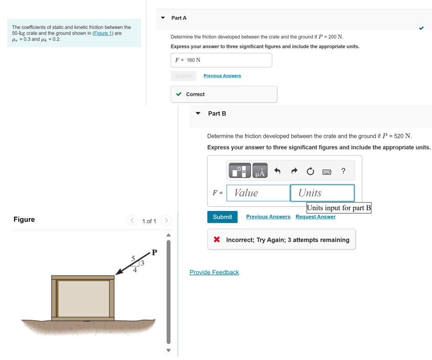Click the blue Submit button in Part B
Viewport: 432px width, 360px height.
222,217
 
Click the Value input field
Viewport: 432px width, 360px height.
258,193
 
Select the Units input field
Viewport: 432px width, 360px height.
322,193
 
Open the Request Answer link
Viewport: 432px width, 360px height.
315,217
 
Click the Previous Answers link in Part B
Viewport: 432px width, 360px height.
268,217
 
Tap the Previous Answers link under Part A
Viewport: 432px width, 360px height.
222,76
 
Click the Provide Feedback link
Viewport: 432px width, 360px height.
214,272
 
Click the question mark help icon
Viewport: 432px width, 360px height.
343,171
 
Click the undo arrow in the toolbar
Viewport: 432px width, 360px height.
277,171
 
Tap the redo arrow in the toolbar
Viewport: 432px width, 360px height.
294,171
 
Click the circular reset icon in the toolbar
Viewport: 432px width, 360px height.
310,171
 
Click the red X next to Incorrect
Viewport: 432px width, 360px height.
217,240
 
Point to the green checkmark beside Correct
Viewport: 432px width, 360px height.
179,94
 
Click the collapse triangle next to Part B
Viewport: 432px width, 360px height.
198,114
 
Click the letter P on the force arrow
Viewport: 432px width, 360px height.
154,253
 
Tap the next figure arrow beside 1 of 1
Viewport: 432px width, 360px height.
166,221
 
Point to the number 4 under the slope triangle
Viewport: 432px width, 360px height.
135,271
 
